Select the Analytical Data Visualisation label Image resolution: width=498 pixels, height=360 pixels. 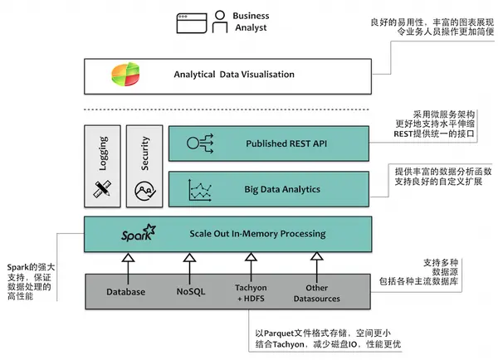pos(234,75)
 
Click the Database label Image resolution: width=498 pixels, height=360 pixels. pos(126,292)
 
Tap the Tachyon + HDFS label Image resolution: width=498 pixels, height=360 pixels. pos(250,293)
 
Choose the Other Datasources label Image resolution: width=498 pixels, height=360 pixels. pos(316,293)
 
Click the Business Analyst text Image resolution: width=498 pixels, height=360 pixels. pos(251,21)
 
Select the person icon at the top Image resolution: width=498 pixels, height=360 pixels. pos(219,21)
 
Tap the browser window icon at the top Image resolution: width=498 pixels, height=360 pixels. pos(191,21)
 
